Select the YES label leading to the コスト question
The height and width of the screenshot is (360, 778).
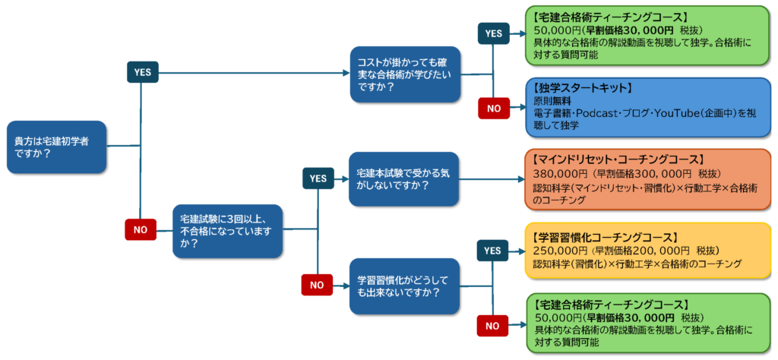point(142,72)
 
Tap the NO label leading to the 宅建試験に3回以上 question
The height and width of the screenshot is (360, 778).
point(141,227)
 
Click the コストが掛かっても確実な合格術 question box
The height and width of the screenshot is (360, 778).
point(404,74)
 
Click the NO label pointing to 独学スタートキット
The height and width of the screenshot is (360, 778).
point(494,109)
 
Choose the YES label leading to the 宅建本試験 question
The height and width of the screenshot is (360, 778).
point(318,178)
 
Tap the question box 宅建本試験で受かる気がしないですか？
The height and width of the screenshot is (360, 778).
point(404,179)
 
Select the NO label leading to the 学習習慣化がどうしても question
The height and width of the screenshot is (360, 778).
point(318,286)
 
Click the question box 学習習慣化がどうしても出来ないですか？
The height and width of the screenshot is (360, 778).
point(404,286)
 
